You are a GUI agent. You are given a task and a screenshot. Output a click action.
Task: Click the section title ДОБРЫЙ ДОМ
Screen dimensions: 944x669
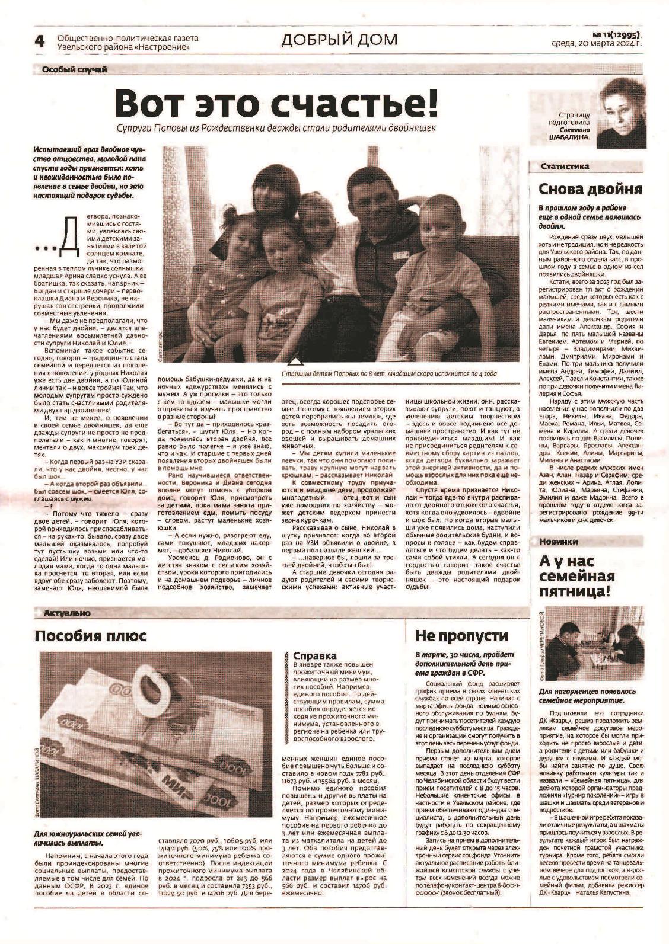(339, 40)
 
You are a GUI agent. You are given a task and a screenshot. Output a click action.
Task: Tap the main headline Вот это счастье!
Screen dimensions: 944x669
(276, 103)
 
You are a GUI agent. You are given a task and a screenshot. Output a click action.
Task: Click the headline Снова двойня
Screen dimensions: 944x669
(590, 190)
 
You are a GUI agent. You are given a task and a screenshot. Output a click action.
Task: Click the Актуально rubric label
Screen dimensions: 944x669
(66, 613)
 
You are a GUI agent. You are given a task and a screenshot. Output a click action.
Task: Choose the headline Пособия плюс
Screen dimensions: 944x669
(90, 636)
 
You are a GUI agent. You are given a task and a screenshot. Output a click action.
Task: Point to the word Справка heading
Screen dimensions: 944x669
(315, 655)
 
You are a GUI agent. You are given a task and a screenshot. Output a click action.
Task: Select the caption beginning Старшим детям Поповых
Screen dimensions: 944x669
(388, 374)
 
